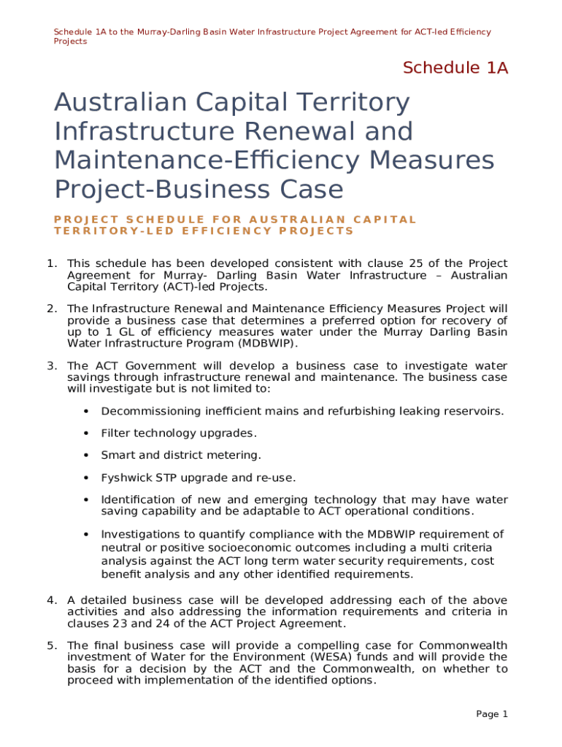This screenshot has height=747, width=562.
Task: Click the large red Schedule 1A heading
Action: (455, 69)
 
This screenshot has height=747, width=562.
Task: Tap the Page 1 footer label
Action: (492, 714)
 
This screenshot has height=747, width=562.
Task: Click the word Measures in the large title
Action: (431, 160)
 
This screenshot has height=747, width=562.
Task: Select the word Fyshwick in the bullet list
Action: (125, 478)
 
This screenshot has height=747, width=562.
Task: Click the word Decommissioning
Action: (149, 411)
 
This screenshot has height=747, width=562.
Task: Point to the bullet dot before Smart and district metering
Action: (86, 455)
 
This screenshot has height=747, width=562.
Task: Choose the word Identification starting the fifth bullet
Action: (136, 500)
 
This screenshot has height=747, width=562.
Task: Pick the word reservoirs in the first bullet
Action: (474, 411)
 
